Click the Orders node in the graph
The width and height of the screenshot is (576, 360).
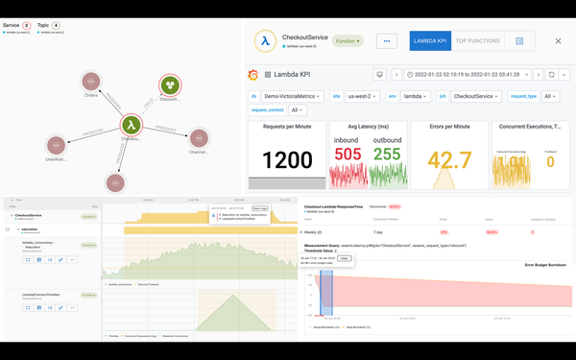[92, 83]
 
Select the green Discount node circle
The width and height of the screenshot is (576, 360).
[170, 85]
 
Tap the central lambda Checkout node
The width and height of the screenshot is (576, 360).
[131, 125]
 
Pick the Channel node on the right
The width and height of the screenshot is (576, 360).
[199, 139]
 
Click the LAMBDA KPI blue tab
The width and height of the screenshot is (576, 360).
[430, 41]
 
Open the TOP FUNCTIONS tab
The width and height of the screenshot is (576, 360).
[477, 41]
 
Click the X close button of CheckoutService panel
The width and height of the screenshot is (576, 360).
[559, 41]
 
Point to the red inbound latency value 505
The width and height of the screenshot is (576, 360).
[348, 155]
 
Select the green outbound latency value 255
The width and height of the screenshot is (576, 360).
[387, 155]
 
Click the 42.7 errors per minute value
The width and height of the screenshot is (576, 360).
[448, 160]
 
